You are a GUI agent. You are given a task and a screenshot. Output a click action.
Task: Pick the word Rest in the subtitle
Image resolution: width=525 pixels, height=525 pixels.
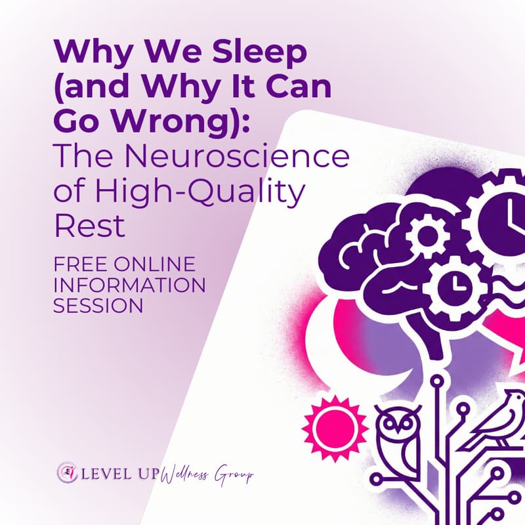point(89,226)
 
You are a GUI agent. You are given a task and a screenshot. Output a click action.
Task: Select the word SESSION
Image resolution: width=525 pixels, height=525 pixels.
point(99,305)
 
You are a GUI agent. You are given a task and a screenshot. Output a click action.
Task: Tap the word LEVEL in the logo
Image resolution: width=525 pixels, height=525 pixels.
point(110,473)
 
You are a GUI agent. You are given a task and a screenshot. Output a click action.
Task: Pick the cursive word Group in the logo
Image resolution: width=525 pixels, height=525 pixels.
point(234,474)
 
